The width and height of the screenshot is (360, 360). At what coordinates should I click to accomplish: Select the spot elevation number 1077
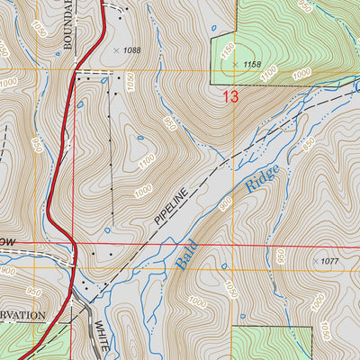click(330, 261)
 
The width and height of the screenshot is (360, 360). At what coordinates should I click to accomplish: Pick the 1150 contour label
click(227, 52)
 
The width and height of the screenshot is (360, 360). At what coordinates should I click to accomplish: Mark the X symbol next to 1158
click(237, 65)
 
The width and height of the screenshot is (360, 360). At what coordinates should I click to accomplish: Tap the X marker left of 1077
click(314, 261)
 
